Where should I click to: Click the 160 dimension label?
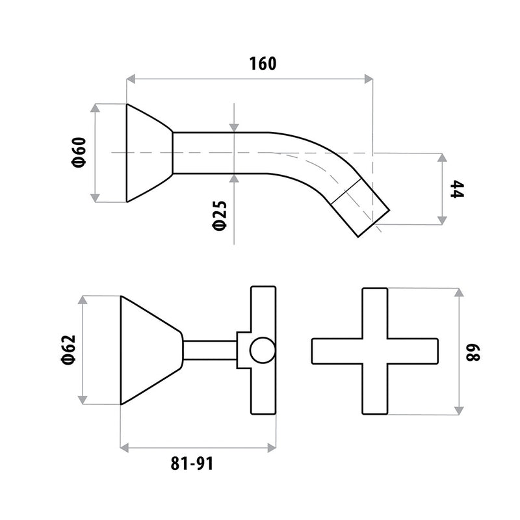click(263, 64)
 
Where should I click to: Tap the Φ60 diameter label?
click(79, 152)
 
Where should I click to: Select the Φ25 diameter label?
click(220, 215)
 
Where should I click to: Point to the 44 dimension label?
click(457, 189)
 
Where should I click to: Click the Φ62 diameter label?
click(69, 350)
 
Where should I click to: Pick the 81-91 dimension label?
click(192, 463)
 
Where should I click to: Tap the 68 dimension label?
click(473, 352)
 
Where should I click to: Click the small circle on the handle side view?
click(263, 350)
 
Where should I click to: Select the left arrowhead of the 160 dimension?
click(131, 79)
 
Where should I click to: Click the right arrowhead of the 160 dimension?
click(369, 79)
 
